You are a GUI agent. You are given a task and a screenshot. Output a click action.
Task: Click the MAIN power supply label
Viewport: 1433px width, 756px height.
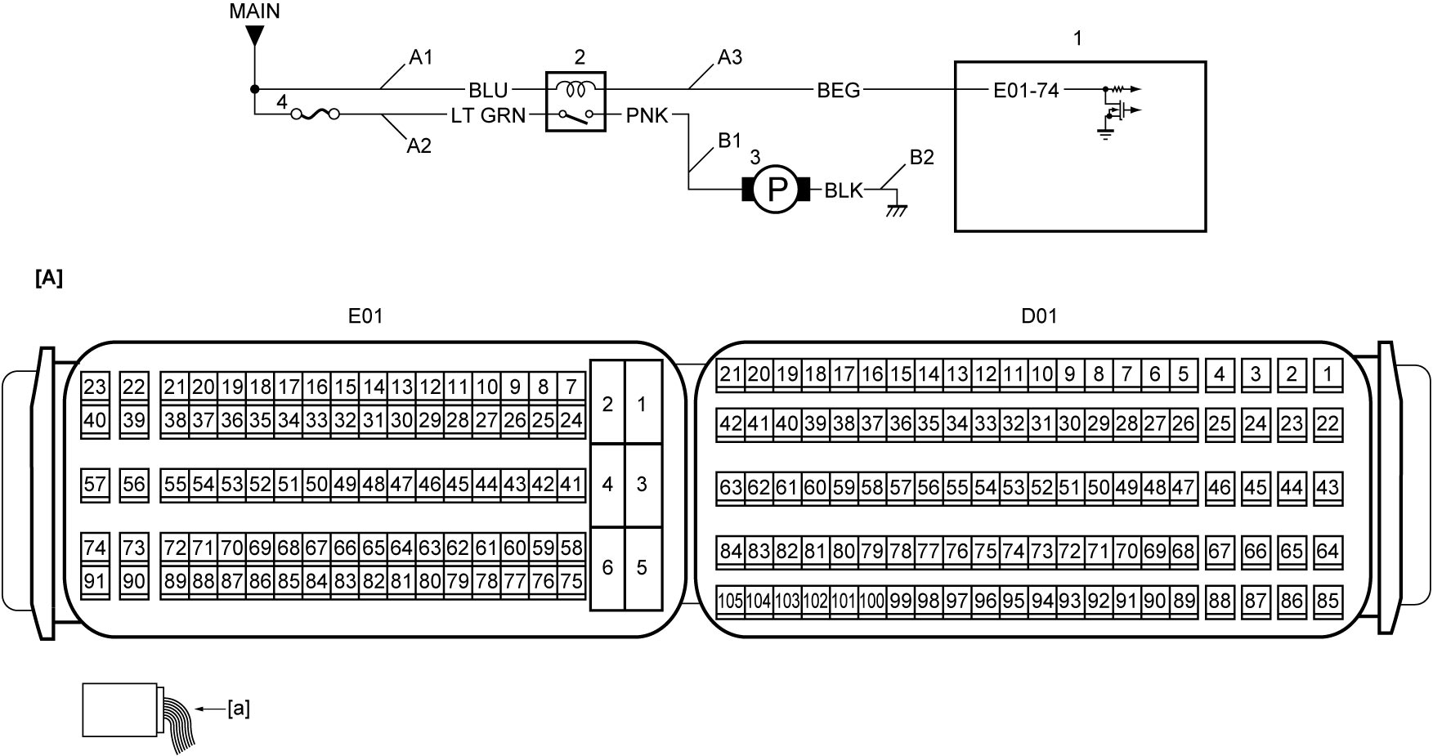[x=254, y=11]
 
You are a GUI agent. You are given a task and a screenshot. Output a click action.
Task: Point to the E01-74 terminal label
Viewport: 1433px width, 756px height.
[x=1026, y=90]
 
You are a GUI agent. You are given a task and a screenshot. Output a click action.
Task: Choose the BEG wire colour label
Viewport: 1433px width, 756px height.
[x=839, y=90]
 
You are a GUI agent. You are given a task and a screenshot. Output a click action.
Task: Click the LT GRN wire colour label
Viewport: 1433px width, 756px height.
[x=489, y=116]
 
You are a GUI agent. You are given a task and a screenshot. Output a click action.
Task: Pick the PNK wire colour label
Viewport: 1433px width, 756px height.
[x=647, y=116]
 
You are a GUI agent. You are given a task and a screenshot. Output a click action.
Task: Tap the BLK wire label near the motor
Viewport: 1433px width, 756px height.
[x=844, y=190]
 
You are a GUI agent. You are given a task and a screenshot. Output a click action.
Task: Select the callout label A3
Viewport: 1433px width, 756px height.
[x=730, y=57]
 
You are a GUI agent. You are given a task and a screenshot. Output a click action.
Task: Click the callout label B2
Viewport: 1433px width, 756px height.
[x=922, y=157]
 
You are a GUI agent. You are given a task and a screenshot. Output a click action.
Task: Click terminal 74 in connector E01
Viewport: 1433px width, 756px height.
[x=95, y=548]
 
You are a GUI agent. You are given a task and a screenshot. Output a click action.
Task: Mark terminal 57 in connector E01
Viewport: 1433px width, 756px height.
[x=95, y=485]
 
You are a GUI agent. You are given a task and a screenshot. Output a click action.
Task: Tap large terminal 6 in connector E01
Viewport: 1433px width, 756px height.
[x=607, y=567]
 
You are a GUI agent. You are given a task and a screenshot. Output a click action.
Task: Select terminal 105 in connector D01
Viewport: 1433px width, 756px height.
[x=730, y=602]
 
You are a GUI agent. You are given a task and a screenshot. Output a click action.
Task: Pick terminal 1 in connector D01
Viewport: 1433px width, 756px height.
[x=1328, y=375]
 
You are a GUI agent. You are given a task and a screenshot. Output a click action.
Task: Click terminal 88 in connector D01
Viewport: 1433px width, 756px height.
[x=1220, y=602]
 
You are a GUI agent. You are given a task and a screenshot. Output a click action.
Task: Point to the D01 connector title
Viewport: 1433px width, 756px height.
[x=1039, y=315]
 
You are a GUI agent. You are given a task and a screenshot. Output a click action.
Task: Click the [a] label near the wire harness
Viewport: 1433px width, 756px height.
[x=239, y=709]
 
